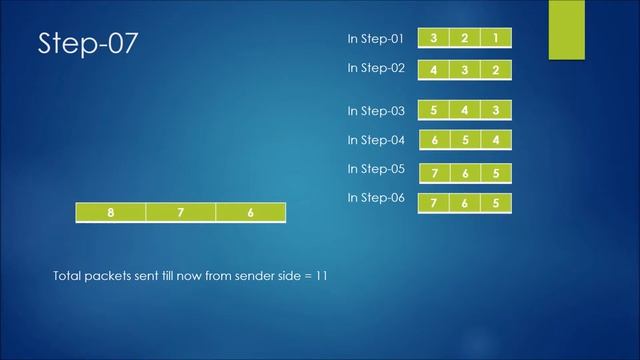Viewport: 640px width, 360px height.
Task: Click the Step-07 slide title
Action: (x=88, y=44)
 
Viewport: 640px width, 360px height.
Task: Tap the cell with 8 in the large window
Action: (x=111, y=212)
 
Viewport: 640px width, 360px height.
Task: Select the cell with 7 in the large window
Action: (x=181, y=212)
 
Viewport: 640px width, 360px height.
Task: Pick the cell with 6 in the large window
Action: (x=250, y=212)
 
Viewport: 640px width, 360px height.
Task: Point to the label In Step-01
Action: (x=375, y=39)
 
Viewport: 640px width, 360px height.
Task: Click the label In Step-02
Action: (x=375, y=68)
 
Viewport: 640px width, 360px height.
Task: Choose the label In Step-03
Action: (x=375, y=111)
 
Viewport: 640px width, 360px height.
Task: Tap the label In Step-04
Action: (x=375, y=140)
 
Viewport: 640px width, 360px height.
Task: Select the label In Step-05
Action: (x=375, y=168)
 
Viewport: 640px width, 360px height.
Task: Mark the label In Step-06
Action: (x=375, y=198)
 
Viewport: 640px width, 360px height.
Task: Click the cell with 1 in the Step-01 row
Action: (x=496, y=39)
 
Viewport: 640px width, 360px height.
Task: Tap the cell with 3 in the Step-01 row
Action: (x=434, y=39)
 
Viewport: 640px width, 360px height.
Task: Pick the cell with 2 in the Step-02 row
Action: (x=496, y=70)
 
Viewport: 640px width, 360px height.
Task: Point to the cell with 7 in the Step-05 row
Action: (x=434, y=174)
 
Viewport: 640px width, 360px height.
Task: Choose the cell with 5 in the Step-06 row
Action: (x=496, y=203)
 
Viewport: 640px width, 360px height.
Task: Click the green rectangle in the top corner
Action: (x=566, y=29)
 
